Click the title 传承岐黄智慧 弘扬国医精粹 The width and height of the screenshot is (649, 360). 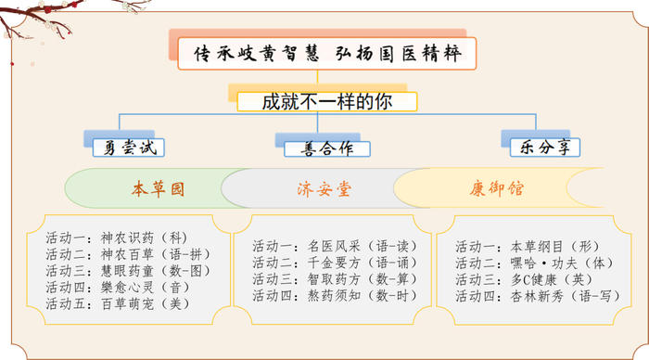coord(324,54)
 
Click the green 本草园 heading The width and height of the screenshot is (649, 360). coord(158,188)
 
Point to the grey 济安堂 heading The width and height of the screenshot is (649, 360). coord(324,188)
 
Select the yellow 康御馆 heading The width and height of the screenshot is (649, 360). coord(496,188)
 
